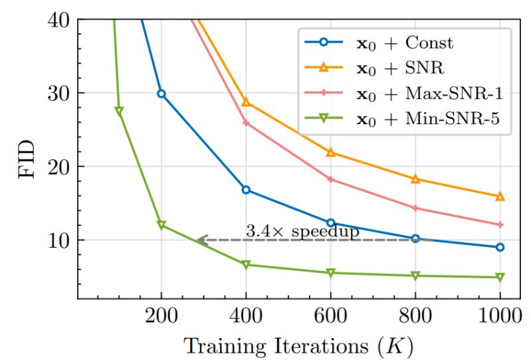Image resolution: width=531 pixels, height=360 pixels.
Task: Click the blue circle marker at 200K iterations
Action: tap(161, 94)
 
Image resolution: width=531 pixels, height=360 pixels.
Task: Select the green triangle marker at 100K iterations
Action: tap(118, 111)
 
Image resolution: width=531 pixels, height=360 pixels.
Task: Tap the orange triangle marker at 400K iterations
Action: tap(246, 102)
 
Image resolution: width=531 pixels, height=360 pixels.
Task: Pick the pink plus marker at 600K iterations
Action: tap(330, 179)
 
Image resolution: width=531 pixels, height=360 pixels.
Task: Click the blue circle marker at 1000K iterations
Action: tap(500, 247)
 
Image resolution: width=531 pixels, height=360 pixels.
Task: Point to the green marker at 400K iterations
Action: tap(246, 264)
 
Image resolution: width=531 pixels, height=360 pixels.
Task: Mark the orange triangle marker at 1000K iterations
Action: tap(500, 197)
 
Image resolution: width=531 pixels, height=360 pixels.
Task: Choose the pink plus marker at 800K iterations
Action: tap(415, 208)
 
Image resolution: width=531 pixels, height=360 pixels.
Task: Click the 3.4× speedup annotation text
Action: tap(302, 231)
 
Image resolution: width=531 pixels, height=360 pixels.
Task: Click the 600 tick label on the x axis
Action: tap(330, 316)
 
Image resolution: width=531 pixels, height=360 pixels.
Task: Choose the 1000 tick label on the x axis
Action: tap(500, 316)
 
